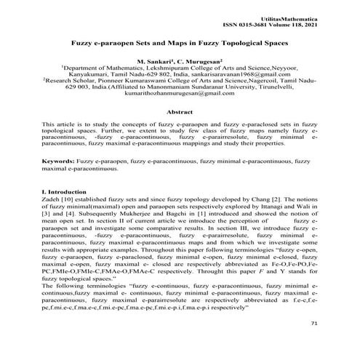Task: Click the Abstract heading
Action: (x=180, y=112)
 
